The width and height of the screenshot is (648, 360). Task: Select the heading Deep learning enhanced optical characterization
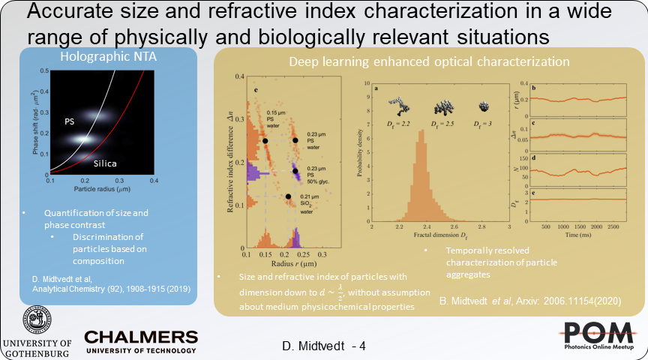(429, 61)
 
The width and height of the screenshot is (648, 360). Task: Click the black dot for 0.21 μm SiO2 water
(289, 197)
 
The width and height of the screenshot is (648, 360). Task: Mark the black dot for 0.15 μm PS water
(265, 140)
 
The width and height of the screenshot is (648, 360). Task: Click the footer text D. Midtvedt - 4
(323, 346)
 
